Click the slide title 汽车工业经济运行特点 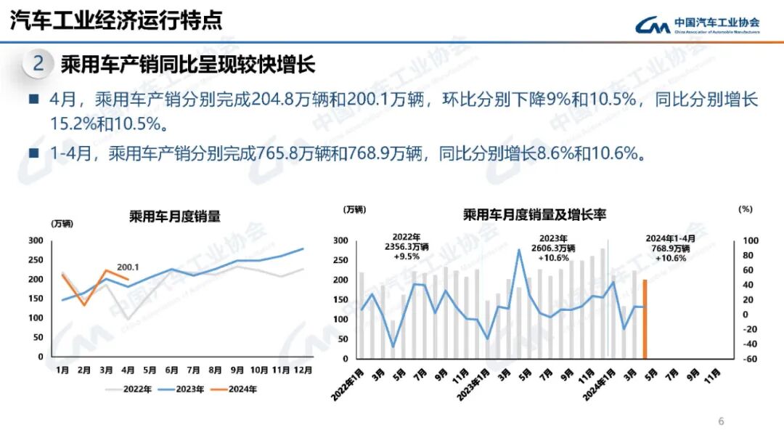[116, 20]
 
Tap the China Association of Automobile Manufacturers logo [697, 25]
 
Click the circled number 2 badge [38, 64]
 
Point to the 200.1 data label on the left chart [128, 267]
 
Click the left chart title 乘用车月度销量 [174, 217]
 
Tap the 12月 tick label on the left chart [303, 370]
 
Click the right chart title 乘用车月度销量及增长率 [534, 214]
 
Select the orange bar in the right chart [644, 319]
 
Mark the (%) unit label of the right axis [746, 209]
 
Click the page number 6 [721, 421]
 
